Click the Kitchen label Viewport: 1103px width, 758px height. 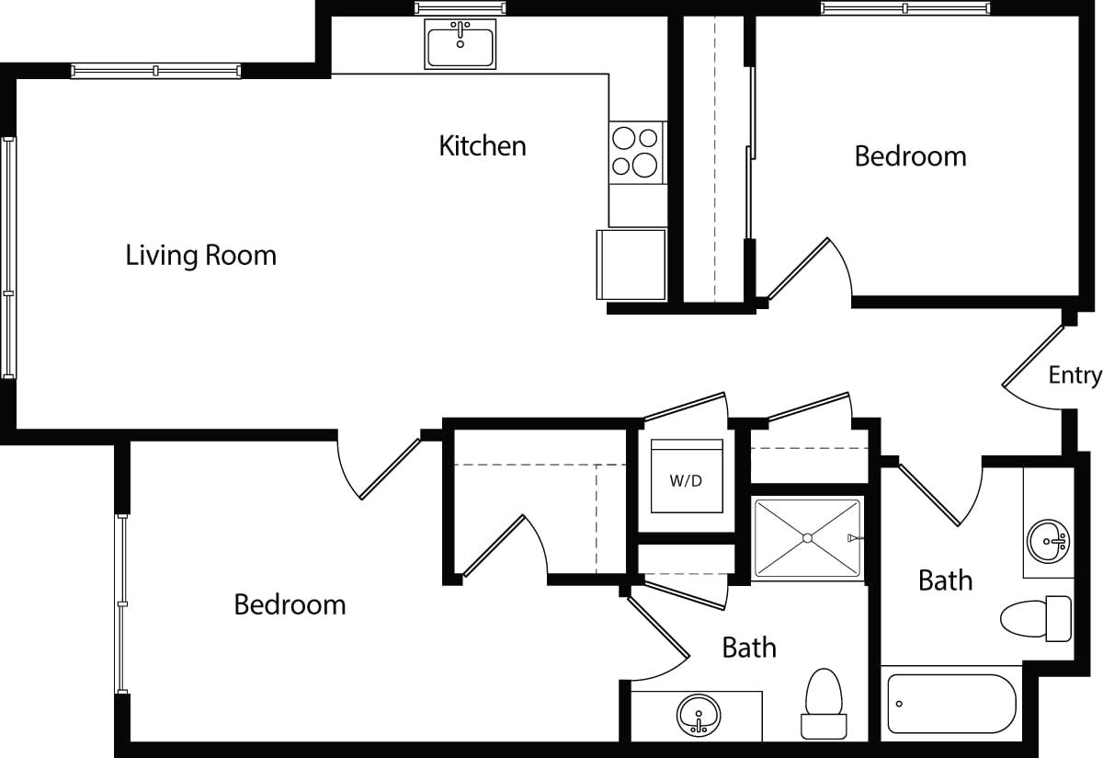[482, 145]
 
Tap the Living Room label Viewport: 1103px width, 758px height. [200, 255]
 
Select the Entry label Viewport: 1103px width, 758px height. [1075, 375]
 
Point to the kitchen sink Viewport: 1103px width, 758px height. [460, 43]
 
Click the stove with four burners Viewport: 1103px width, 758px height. [636, 152]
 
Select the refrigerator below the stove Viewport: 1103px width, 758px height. [631, 265]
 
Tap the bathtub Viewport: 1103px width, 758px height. [952, 704]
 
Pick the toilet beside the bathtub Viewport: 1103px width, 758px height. [1036, 617]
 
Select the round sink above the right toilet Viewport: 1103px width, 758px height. [1048, 541]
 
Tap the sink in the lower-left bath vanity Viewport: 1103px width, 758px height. [699, 715]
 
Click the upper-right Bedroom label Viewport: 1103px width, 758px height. [910, 156]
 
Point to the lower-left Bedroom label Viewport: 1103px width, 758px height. [290, 604]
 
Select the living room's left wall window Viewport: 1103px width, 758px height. [9, 258]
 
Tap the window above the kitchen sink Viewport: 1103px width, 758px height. [460, 8]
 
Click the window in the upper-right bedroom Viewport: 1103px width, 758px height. [905, 8]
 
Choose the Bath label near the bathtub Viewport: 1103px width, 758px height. [945, 580]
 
